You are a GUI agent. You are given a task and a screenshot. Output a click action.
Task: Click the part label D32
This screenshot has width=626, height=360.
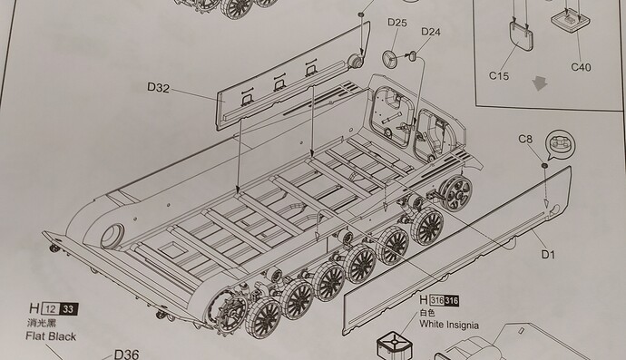point(158,87)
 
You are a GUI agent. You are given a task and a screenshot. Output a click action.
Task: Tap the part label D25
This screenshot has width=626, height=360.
point(397,23)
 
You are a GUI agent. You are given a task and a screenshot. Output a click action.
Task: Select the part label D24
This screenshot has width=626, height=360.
point(431,32)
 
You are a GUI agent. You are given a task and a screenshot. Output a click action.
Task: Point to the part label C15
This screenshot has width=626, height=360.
point(499,75)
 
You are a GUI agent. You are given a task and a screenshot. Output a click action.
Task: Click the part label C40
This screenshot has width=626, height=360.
point(581,67)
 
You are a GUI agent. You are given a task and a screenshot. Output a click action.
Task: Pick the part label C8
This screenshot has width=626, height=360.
point(525,139)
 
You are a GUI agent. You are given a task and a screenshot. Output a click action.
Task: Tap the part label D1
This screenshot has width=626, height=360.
point(548,254)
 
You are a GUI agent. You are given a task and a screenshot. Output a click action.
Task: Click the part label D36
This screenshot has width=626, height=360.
point(126,354)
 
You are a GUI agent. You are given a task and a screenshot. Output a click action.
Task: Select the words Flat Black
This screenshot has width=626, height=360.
point(51,336)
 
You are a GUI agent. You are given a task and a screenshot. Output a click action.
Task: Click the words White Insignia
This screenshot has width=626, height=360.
point(449,325)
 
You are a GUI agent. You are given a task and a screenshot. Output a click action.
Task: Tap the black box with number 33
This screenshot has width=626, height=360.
point(69,309)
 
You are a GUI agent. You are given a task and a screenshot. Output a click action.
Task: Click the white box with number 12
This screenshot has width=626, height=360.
point(51,309)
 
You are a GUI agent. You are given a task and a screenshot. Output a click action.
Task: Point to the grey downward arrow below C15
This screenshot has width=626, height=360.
point(540,83)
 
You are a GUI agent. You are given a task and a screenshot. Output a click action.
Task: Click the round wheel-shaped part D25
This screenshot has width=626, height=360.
point(389,59)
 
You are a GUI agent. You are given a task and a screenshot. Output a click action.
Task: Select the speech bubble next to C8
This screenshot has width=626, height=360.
point(560,144)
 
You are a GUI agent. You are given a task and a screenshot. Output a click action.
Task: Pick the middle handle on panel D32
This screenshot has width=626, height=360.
point(279,84)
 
